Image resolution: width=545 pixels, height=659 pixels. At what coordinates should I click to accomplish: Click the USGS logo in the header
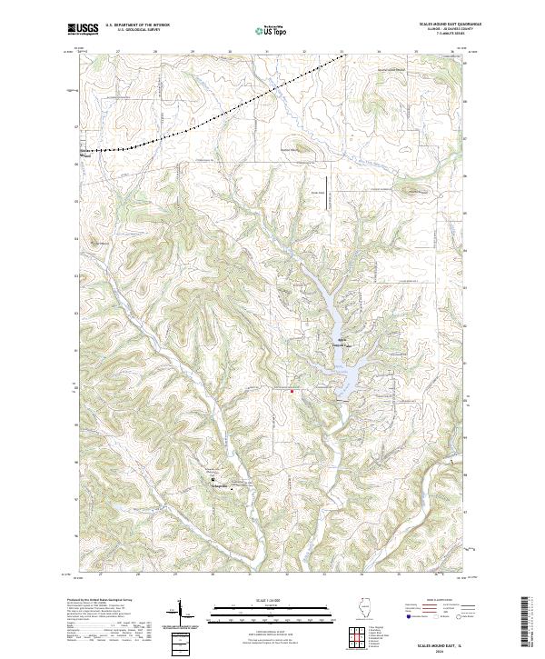(x=84, y=29)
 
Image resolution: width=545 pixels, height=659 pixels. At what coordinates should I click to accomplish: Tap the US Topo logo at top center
(x=272, y=31)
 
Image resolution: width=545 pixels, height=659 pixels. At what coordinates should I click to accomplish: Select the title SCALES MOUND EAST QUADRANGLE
(x=451, y=24)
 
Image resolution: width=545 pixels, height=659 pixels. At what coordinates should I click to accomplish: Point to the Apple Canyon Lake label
(x=336, y=343)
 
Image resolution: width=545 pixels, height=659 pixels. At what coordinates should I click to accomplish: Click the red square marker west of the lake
(x=292, y=391)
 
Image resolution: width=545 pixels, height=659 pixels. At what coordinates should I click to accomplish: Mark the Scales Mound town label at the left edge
(x=87, y=153)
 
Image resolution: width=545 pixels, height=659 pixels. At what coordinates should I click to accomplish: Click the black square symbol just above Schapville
(x=214, y=479)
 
